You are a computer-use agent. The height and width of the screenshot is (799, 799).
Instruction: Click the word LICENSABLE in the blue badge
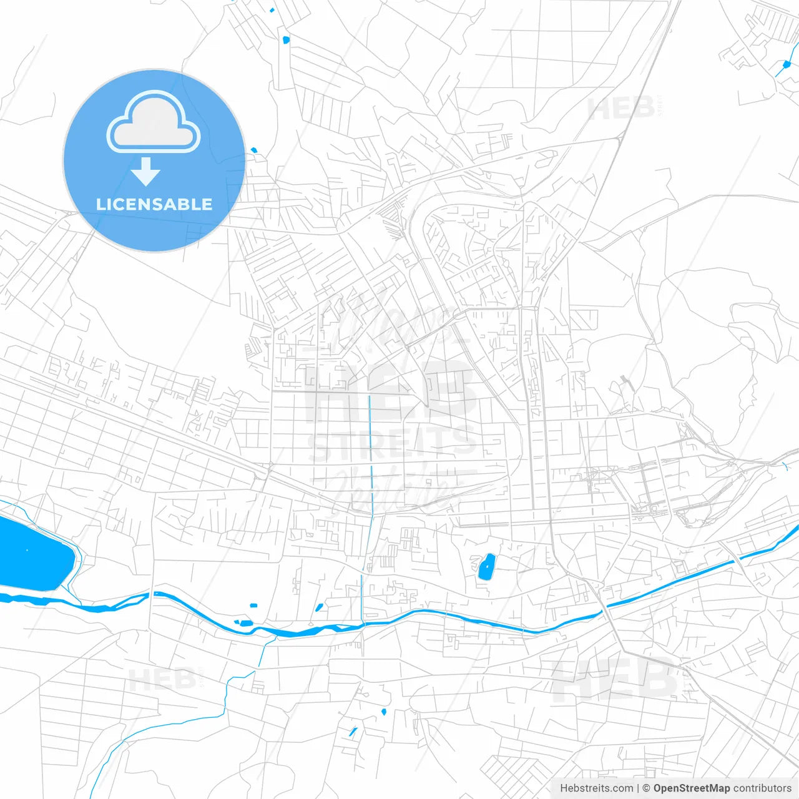[154, 204]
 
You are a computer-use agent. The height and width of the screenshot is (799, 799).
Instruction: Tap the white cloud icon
[153, 123]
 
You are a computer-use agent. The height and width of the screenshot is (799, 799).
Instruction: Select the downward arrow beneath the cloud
[146, 171]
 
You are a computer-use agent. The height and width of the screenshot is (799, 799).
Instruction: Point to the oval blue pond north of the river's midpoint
[486, 567]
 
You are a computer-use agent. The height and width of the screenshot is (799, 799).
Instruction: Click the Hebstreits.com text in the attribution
[596, 788]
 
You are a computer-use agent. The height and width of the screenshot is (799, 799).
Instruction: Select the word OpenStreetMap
[692, 788]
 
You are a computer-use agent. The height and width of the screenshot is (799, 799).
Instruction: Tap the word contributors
[762, 788]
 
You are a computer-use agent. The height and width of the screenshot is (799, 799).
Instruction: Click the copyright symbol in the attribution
[647, 788]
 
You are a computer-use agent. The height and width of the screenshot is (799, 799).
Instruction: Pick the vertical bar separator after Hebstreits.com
[638, 788]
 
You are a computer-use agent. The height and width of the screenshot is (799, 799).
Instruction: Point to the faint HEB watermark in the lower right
[615, 680]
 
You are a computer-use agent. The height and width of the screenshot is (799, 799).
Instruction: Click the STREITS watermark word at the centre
[392, 444]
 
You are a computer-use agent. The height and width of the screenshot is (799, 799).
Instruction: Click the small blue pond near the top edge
[286, 40]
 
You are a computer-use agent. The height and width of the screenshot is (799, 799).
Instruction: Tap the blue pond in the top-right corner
[786, 64]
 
